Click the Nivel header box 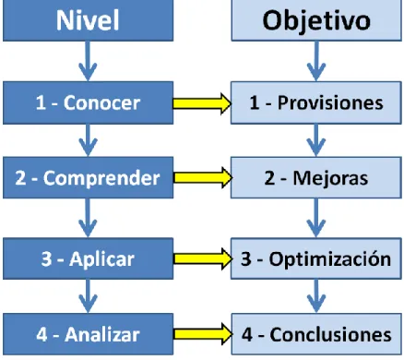click(x=89, y=20)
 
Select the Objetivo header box click(x=316, y=20)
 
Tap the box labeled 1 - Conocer click(x=89, y=102)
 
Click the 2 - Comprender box click(x=89, y=177)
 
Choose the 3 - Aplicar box click(x=89, y=258)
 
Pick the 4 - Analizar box click(x=89, y=334)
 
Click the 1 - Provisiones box click(x=316, y=102)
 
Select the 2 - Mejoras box click(x=316, y=177)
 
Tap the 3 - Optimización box click(x=316, y=258)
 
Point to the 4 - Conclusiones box click(x=316, y=334)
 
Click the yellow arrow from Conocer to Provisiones click(x=202, y=103)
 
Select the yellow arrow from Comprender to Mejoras click(x=203, y=178)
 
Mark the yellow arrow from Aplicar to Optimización click(x=203, y=258)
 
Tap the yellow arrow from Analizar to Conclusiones click(x=203, y=334)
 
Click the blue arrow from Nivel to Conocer click(x=88, y=61)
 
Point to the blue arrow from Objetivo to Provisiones click(x=316, y=61)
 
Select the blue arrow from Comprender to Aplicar click(x=88, y=218)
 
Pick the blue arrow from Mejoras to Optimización click(x=316, y=218)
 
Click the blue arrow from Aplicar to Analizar click(x=88, y=296)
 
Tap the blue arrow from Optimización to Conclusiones click(x=316, y=296)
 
